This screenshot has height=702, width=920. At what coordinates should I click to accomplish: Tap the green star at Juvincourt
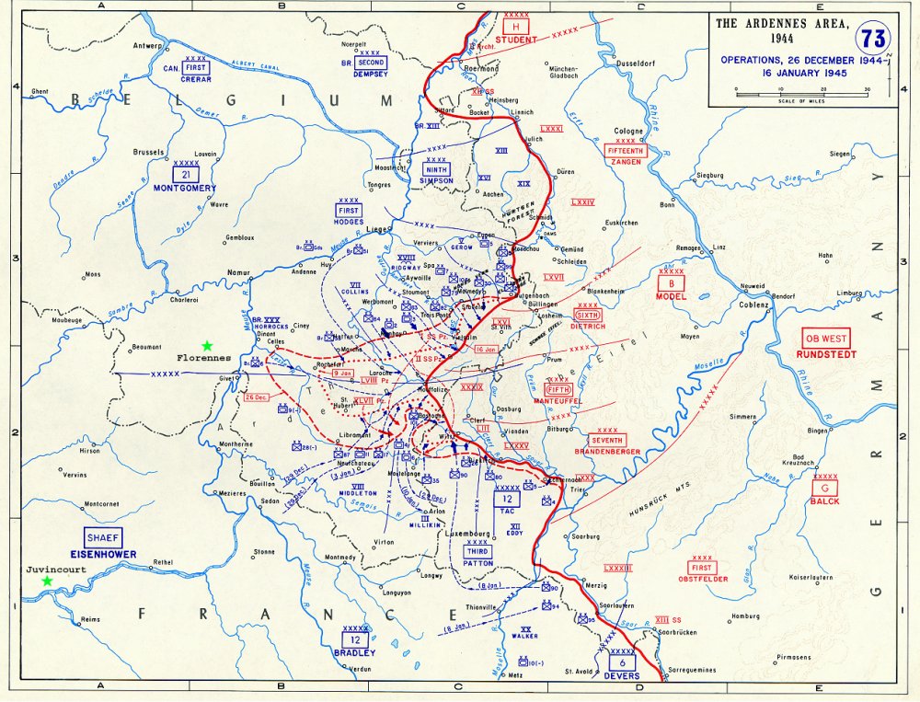pos(47,581)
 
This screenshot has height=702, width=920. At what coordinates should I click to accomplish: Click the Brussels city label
pos(148,153)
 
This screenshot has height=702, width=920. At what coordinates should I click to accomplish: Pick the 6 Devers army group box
pos(622,663)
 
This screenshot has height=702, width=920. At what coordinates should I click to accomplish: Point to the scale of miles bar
pos(800,93)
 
